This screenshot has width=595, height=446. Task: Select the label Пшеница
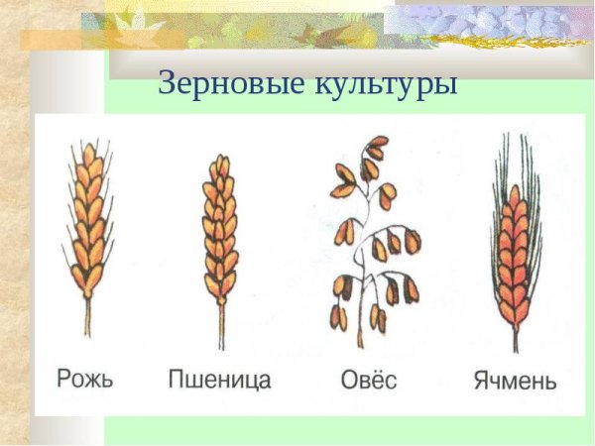[x=219, y=379]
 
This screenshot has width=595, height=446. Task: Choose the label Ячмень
[x=513, y=379]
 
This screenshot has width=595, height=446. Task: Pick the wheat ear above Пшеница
[x=220, y=228]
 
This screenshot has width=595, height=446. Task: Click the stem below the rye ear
[x=86, y=317]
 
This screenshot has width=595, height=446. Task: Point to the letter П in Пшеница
[x=177, y=379]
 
